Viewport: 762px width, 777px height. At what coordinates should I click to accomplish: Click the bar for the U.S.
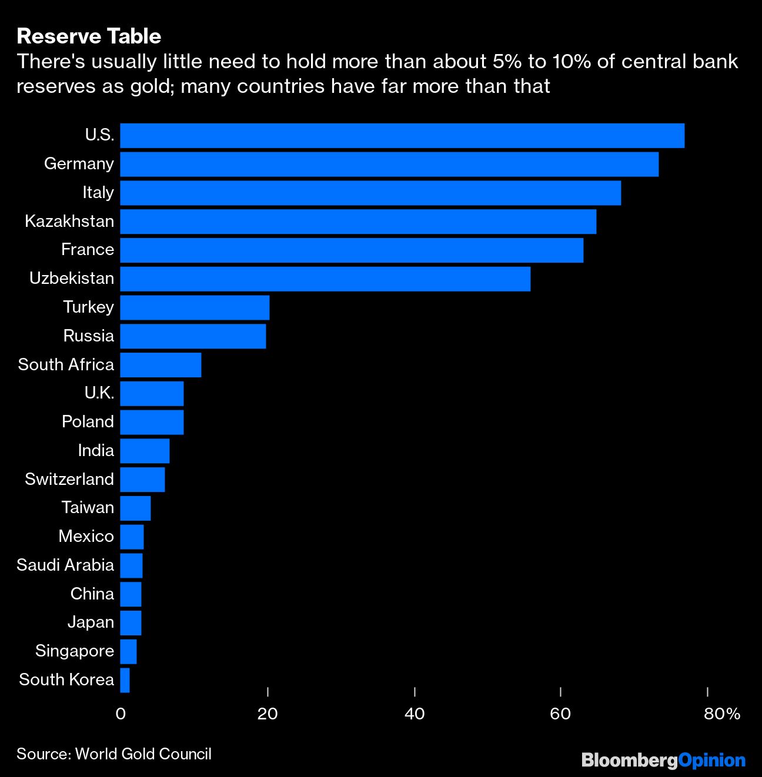tap(402, 135)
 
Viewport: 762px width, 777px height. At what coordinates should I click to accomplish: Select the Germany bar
tap(389, 164)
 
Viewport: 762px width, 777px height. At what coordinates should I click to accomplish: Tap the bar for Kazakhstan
tap(358, 221)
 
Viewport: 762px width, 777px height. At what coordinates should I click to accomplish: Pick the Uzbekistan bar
tap(325, 279)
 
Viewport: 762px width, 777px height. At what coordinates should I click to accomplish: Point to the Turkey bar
tap(195, 307)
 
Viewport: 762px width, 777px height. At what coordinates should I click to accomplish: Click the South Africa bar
tap(161, 364)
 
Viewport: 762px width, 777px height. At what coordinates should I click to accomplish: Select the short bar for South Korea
tap(125, 680)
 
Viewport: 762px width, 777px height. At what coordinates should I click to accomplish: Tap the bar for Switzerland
tap(142, 480)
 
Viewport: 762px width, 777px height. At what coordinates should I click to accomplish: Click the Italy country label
tap(98, 192)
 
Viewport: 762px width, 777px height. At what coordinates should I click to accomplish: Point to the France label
tap(88, 249)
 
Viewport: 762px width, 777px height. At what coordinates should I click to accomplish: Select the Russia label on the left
tap(89, 336)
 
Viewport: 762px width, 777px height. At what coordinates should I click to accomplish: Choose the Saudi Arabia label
tap(65, 565)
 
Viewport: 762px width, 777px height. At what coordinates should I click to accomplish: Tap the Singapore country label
tap(75, 651)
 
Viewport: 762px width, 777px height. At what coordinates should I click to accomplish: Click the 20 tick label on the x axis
tap(268, 714)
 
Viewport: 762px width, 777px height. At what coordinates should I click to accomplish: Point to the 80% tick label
tap(721, 714)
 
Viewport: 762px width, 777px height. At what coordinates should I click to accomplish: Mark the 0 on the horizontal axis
tap(121, 714)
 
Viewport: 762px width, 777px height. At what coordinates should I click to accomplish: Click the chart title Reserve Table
tap(89, 36)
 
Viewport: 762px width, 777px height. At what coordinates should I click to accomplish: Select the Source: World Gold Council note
tap(114, 754)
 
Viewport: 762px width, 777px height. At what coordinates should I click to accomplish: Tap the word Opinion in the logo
tap(712, 761)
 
